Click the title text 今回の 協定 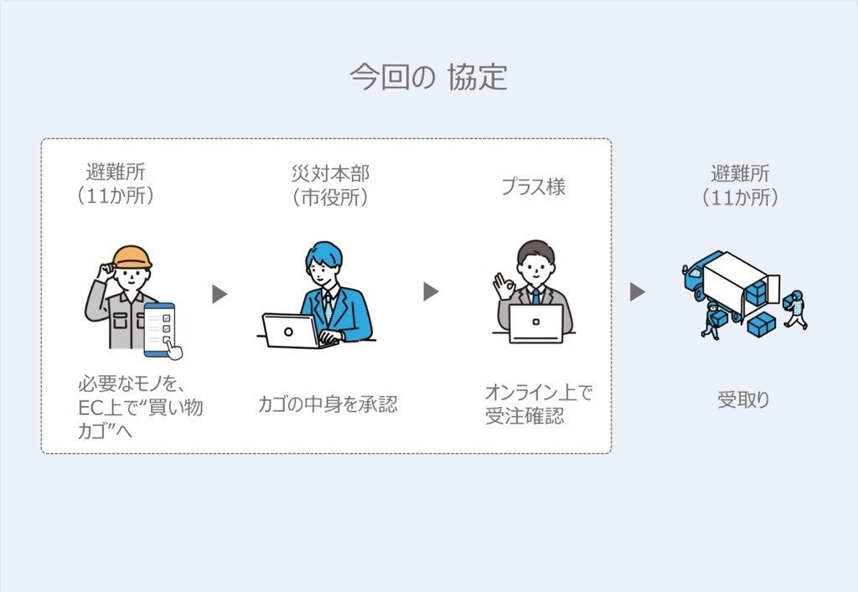pos(428,78)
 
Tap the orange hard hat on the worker pos(132,257)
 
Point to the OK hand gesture pos(504,286)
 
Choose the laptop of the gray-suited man pos(535,323)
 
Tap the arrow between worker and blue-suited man pos(220,294)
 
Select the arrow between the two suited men pos(431,291)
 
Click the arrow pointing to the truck pos(638,291)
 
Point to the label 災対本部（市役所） pos(329,186)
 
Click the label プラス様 pos(533,187)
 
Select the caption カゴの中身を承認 pos(328,404)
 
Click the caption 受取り pos(742,399)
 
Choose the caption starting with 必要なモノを pos(139,409)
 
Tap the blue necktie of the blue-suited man pos(328,306)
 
